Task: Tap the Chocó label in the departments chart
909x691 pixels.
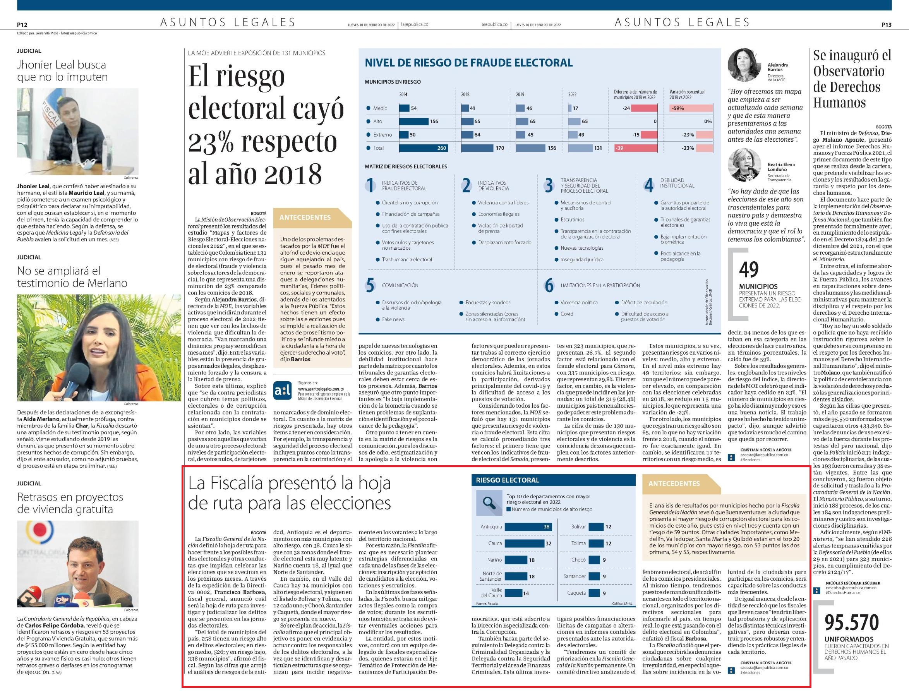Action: tap(578, 560)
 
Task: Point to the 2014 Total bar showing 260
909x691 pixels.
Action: tap(423, 148)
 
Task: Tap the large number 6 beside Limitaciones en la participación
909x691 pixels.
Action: tap(549, 285)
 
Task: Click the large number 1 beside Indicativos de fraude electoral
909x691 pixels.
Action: tap(370, 185)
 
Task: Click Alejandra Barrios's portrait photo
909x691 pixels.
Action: tap(743, 65)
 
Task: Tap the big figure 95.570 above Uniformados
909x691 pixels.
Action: tap(852, 623)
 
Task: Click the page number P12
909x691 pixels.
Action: tap(22, 25)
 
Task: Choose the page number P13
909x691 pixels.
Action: tap(887, 25)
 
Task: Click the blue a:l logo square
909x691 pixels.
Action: tap(282, 391)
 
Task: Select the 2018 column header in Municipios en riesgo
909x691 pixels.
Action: tap(465, 94)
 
